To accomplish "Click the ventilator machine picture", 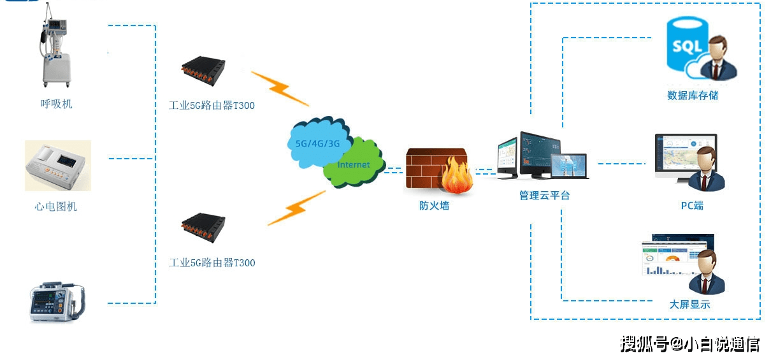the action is (55, 45).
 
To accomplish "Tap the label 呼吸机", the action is (56, 104).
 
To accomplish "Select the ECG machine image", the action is (57, 166).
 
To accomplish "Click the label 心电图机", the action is (55, 206).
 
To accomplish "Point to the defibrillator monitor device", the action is (57, 301).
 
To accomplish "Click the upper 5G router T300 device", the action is (203, 71).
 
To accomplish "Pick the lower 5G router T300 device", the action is (203, 227).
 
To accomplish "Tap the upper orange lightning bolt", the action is (280, 89).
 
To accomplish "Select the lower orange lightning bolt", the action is (296, 208).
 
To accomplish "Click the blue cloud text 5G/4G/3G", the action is (317, 143).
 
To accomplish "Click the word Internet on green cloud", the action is (353, 164).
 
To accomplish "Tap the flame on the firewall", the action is (456, 175).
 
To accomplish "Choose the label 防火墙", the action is (434, 206).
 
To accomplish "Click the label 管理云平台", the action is (544, 196).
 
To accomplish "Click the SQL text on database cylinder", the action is (687, 47).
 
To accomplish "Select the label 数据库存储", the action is (693, 95).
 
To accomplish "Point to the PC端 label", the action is (692, 206).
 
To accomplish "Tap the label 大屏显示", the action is (689, 305).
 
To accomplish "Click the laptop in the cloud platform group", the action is (570, 167).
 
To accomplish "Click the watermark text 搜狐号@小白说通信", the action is (690, 344).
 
